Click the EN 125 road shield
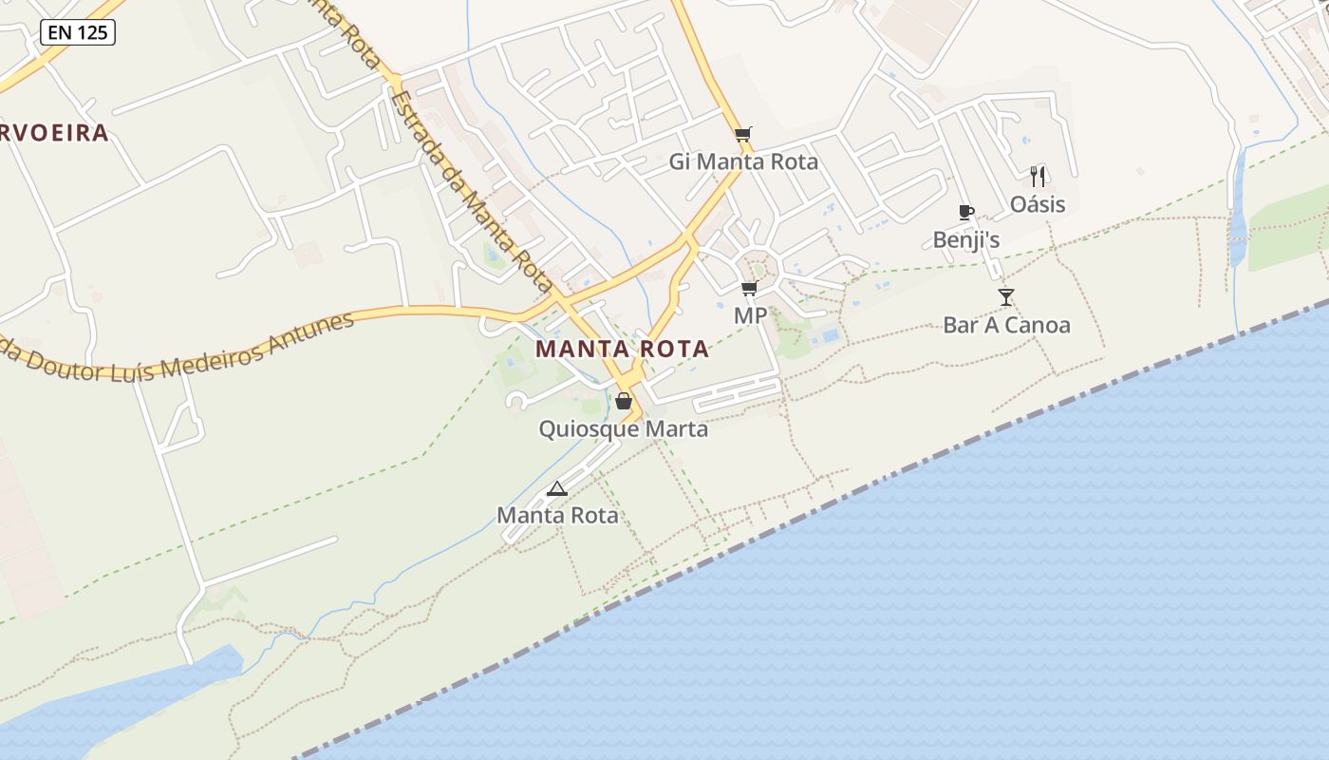tap(78, 33)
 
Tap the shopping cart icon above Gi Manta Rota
tap(742, 134)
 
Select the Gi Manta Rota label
tap(743, 161)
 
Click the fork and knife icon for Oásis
tap(1038, 176)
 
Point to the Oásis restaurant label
tap(1038, 204)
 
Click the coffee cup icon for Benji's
tap(966, 212)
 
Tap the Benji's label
tap(966, 240)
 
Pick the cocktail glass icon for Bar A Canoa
tap(1006, 297)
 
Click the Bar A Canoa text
tap(1006, 325)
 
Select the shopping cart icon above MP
tap(750, 288)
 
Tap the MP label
tap(750, 314)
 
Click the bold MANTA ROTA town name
tap(623, 349)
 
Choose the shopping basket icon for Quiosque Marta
tap(624, 401)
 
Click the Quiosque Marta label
tap(624, 429)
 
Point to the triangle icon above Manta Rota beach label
tap(557, 488)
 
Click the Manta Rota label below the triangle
tap(557, 516)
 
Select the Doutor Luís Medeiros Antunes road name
tap(180, 346)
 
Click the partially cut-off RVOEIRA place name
tap(54, 133)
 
